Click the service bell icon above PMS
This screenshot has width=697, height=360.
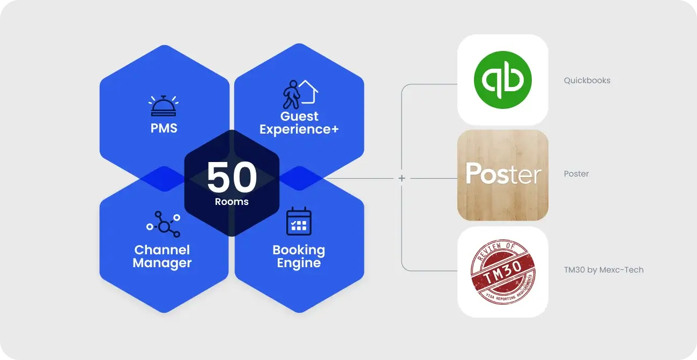click(164, 106)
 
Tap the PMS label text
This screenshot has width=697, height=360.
click(164, 129)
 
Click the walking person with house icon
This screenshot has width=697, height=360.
click(299, 94)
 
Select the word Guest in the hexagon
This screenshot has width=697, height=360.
click(299, 116)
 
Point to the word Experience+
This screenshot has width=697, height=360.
click(299, 129)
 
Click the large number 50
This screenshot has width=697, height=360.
click(232, 178)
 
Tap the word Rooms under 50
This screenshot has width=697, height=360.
click(232, 202)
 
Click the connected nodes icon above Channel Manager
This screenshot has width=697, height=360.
click(163, 224)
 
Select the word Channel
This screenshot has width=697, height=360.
click(162, 250)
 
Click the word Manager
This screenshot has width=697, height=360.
click(162, 263)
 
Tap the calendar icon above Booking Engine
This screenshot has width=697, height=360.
click(299, 221)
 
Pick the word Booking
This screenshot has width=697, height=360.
click(299, 250)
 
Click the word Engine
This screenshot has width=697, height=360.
click(299, 263)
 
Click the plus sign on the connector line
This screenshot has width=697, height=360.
click(402, 178)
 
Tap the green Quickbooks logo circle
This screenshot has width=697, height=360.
click(502, 80)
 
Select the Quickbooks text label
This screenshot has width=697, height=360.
click(587, 80)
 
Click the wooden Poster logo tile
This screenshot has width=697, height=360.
click(502, 175)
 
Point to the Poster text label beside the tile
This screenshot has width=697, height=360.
click(576, 174)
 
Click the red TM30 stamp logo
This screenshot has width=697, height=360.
click(502, 271)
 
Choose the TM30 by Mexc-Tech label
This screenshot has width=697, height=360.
click(603, 270)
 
